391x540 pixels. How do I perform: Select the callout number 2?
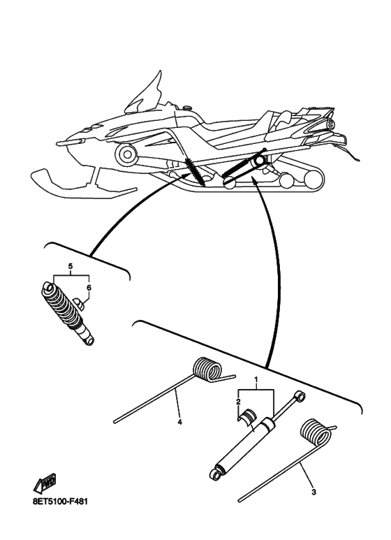click(x=238, y=404)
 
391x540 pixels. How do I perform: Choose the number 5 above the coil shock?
click(x=70, y=267)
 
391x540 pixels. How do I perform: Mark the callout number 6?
click(x=88, y=287)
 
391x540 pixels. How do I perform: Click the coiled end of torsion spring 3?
click(x=316, y=434)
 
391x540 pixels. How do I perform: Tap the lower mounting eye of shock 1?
click(x=216, y=475)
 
